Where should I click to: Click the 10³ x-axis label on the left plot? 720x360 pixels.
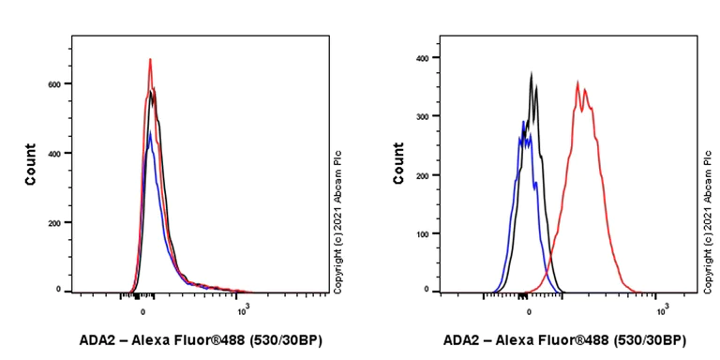(242, 307)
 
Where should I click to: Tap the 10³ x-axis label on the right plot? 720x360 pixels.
(662, 307)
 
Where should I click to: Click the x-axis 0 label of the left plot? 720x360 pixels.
(142, 307)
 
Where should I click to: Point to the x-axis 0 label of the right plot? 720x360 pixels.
(529, 307)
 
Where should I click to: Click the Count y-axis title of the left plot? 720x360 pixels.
(31, 164)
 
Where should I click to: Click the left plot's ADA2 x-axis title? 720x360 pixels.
(201, 339)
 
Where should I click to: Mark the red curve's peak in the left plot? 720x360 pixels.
(150, 59)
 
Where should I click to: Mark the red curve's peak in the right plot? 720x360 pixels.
(577, 82)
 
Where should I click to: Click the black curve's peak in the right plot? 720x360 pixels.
(532, 73)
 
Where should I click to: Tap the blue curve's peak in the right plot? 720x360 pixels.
(523, 121)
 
